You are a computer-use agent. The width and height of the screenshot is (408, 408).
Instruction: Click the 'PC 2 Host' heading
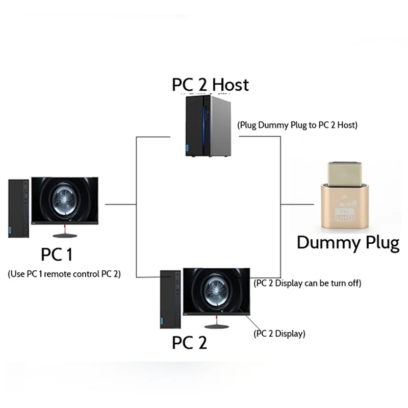[x=210, y=84]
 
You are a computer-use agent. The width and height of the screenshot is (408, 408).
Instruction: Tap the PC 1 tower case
[x=18, y=208]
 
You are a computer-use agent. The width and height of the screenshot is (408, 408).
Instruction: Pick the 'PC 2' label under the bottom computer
[x=189, y=343]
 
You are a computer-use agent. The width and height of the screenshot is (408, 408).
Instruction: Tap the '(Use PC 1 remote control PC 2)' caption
[x=64, y=273]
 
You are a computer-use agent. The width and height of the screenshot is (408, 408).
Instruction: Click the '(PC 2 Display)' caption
[x=279, y=334]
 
